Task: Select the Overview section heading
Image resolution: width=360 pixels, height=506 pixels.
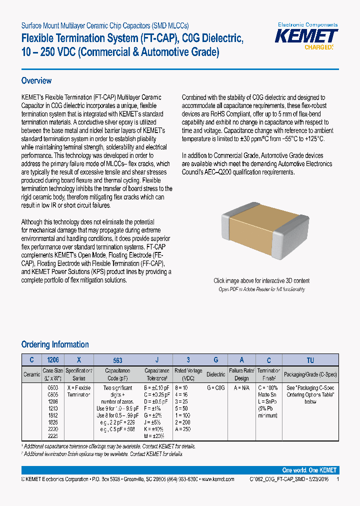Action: (x=36, y=81)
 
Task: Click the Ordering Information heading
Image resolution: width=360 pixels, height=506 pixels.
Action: (x=55, y=344)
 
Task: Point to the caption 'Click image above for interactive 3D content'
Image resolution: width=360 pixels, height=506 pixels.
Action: (x=261, y=281)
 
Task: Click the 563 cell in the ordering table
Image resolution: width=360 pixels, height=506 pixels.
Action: (x=117, y=360)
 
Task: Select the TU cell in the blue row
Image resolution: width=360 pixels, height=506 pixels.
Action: (x=310, y=360)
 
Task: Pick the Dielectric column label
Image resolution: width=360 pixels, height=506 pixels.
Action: (x=216, y=374)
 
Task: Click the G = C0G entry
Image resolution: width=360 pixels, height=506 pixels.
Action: (x=216, y=388)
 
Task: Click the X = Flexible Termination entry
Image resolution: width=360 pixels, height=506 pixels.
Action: (x=78, y=391)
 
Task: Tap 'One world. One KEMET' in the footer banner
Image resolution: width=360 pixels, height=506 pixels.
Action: (x=309, y=470)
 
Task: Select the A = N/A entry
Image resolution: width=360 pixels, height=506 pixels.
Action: (x=241, y=388)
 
